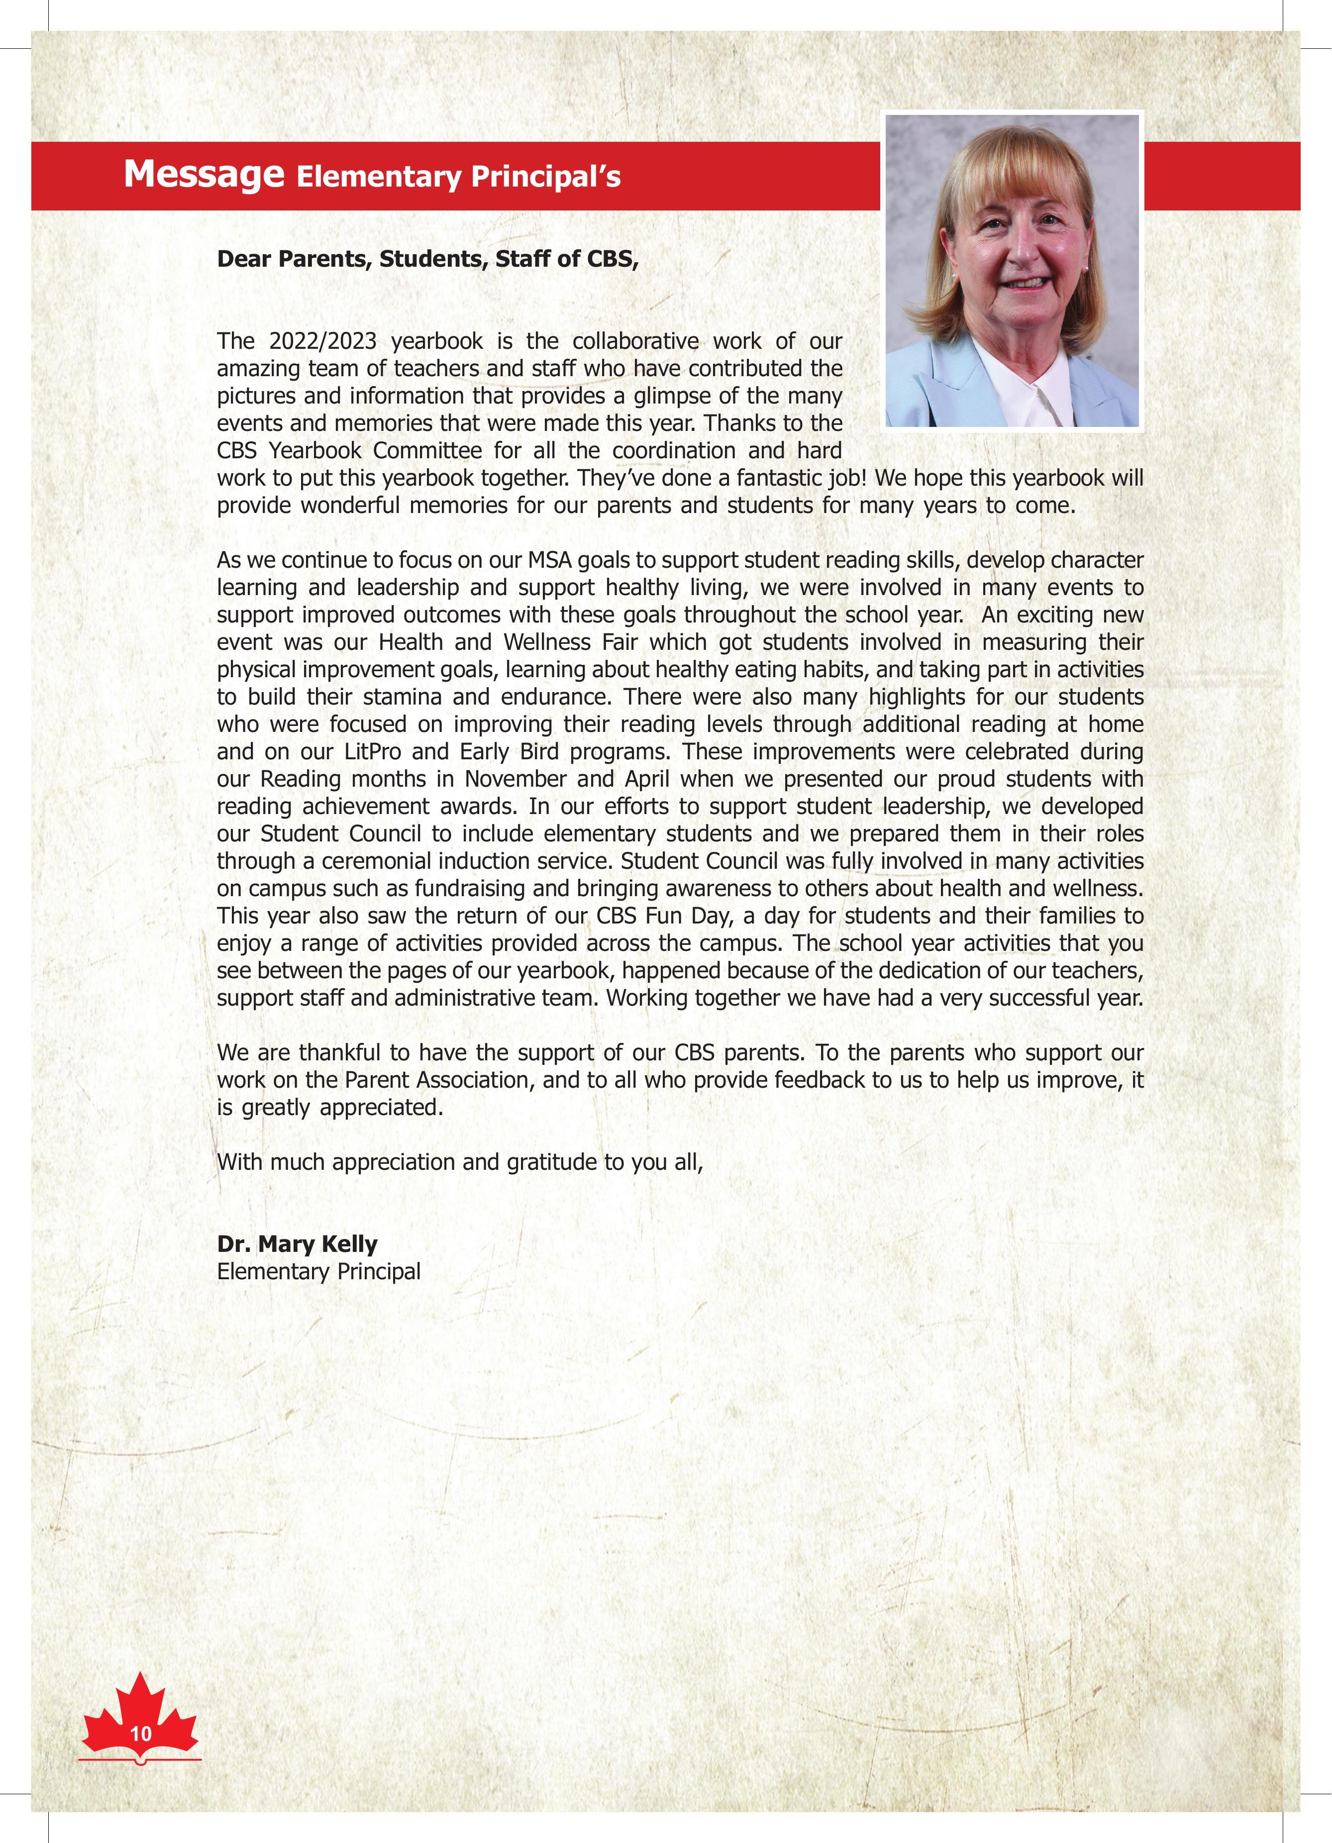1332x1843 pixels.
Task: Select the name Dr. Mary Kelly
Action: click(x=297, y=1244)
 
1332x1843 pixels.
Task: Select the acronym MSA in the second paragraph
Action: click(x=550, y=560)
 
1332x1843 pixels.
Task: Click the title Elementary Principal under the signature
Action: click(x=318, y=1272)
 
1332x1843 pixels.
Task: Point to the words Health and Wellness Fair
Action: click(x=508, y=642)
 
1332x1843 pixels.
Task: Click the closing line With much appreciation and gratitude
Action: click(x=459, y=1162)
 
